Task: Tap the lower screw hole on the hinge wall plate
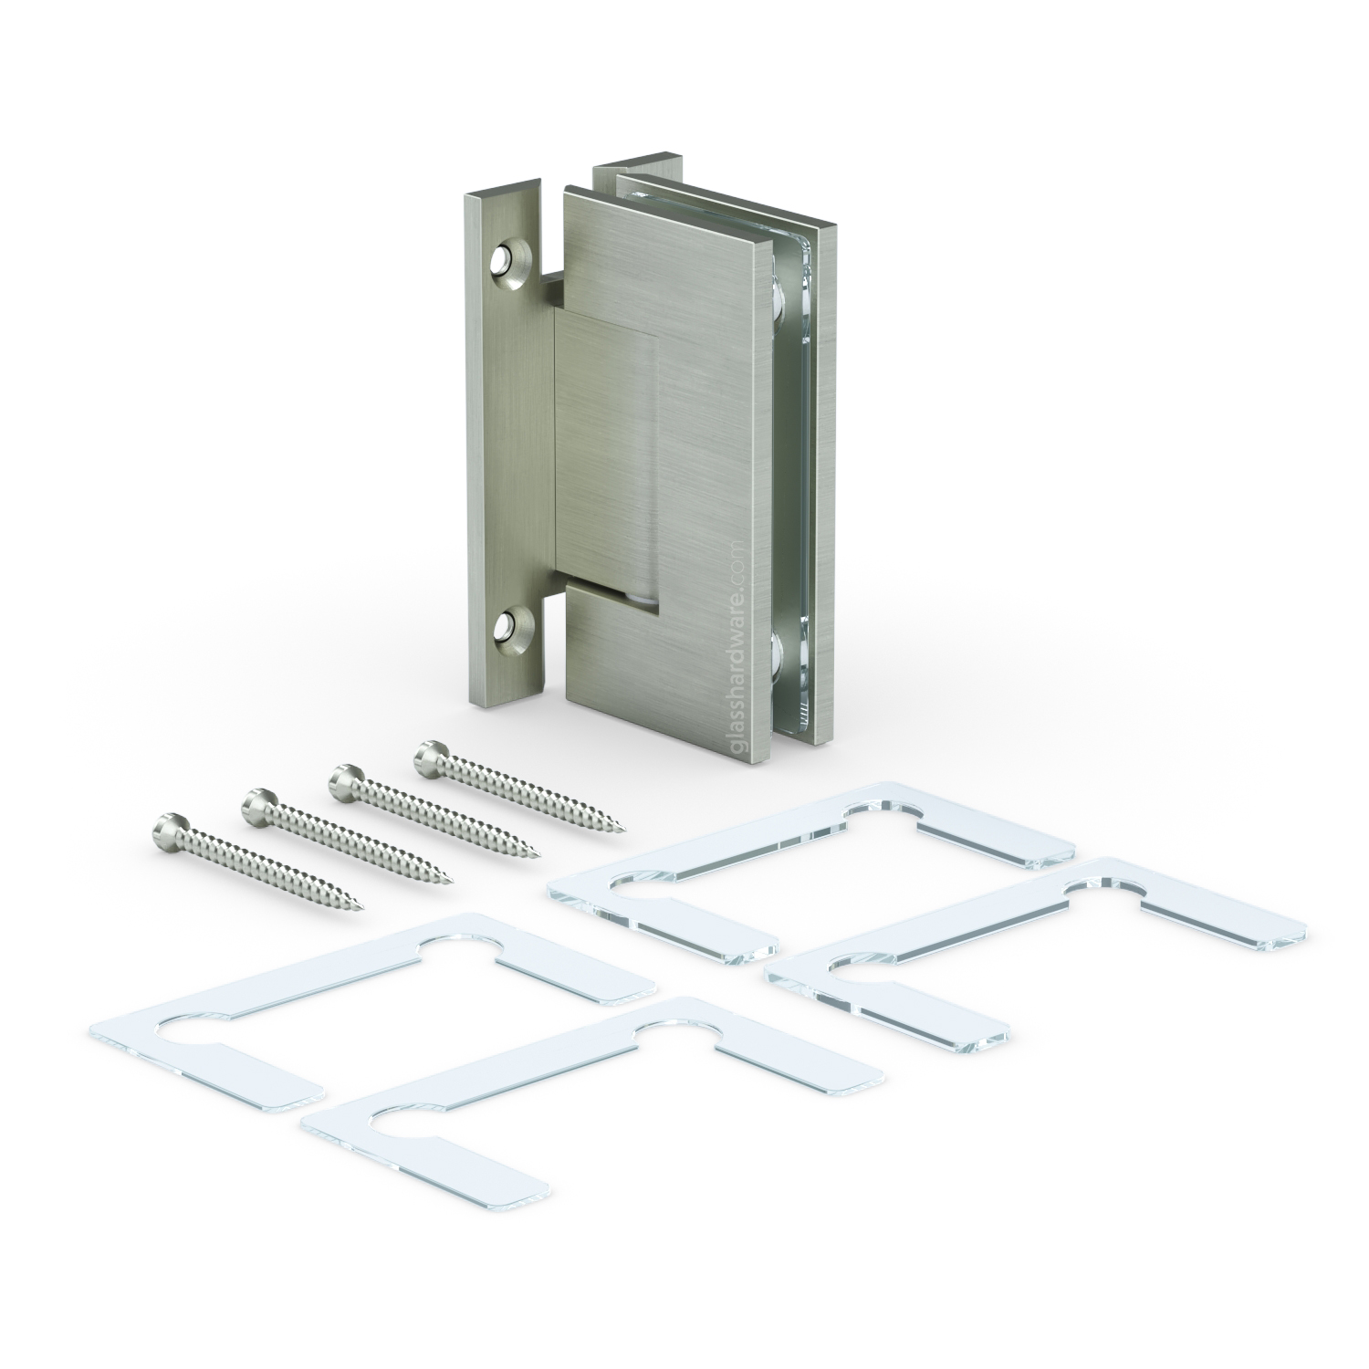pyautogui.click(x=507, y=627)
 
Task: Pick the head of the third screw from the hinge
pyautogui.click(x=257, y=804)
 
